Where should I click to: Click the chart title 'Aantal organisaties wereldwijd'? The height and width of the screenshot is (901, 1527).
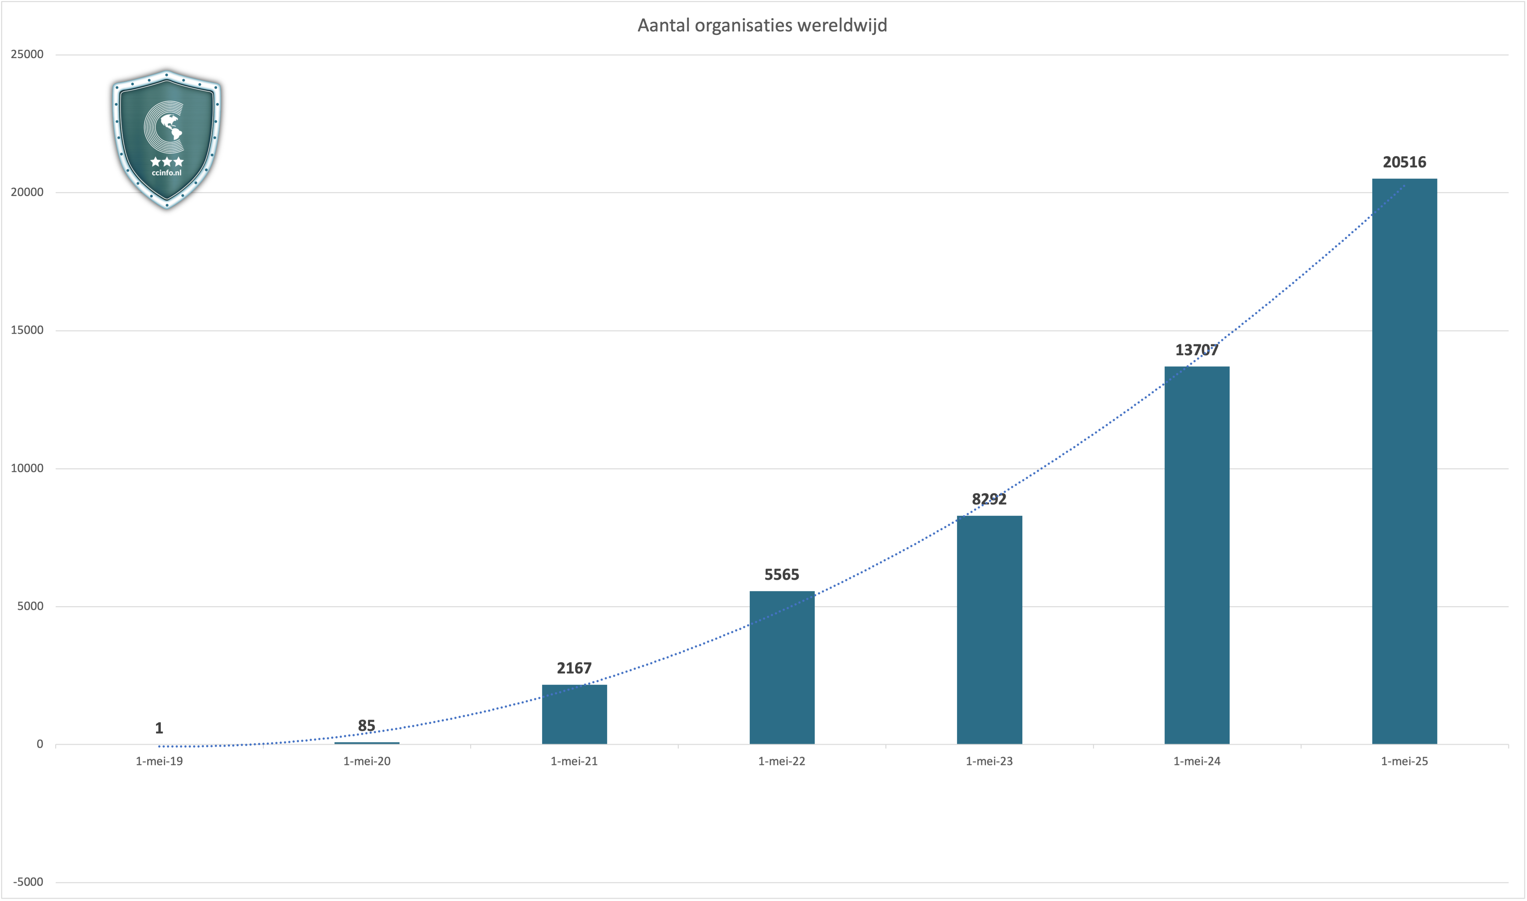click(762, 25)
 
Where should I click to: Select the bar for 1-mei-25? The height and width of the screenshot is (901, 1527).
click(1404, 461)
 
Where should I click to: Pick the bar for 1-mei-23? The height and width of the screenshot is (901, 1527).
click(989, 630)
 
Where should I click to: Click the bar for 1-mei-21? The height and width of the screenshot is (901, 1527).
click(574, 714)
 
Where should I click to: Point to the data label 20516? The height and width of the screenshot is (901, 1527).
click(1404, 162)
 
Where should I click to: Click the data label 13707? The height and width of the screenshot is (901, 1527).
click(1197, 350)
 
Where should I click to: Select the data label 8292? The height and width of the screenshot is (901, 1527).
click(989, 499)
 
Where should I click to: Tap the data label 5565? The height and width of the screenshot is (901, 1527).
click(782, 574)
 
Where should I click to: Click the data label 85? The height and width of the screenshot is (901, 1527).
click(367, 725)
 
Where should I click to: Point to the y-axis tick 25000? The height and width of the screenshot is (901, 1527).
click(27, 55)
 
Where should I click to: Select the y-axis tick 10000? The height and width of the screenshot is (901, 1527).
click(27, 468)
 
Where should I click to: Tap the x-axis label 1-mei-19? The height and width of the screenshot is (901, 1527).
click(159, 761)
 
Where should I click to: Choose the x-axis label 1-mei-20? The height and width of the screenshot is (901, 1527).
click(367, 761)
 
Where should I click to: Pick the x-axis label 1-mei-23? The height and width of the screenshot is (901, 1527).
click(989, 761)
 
